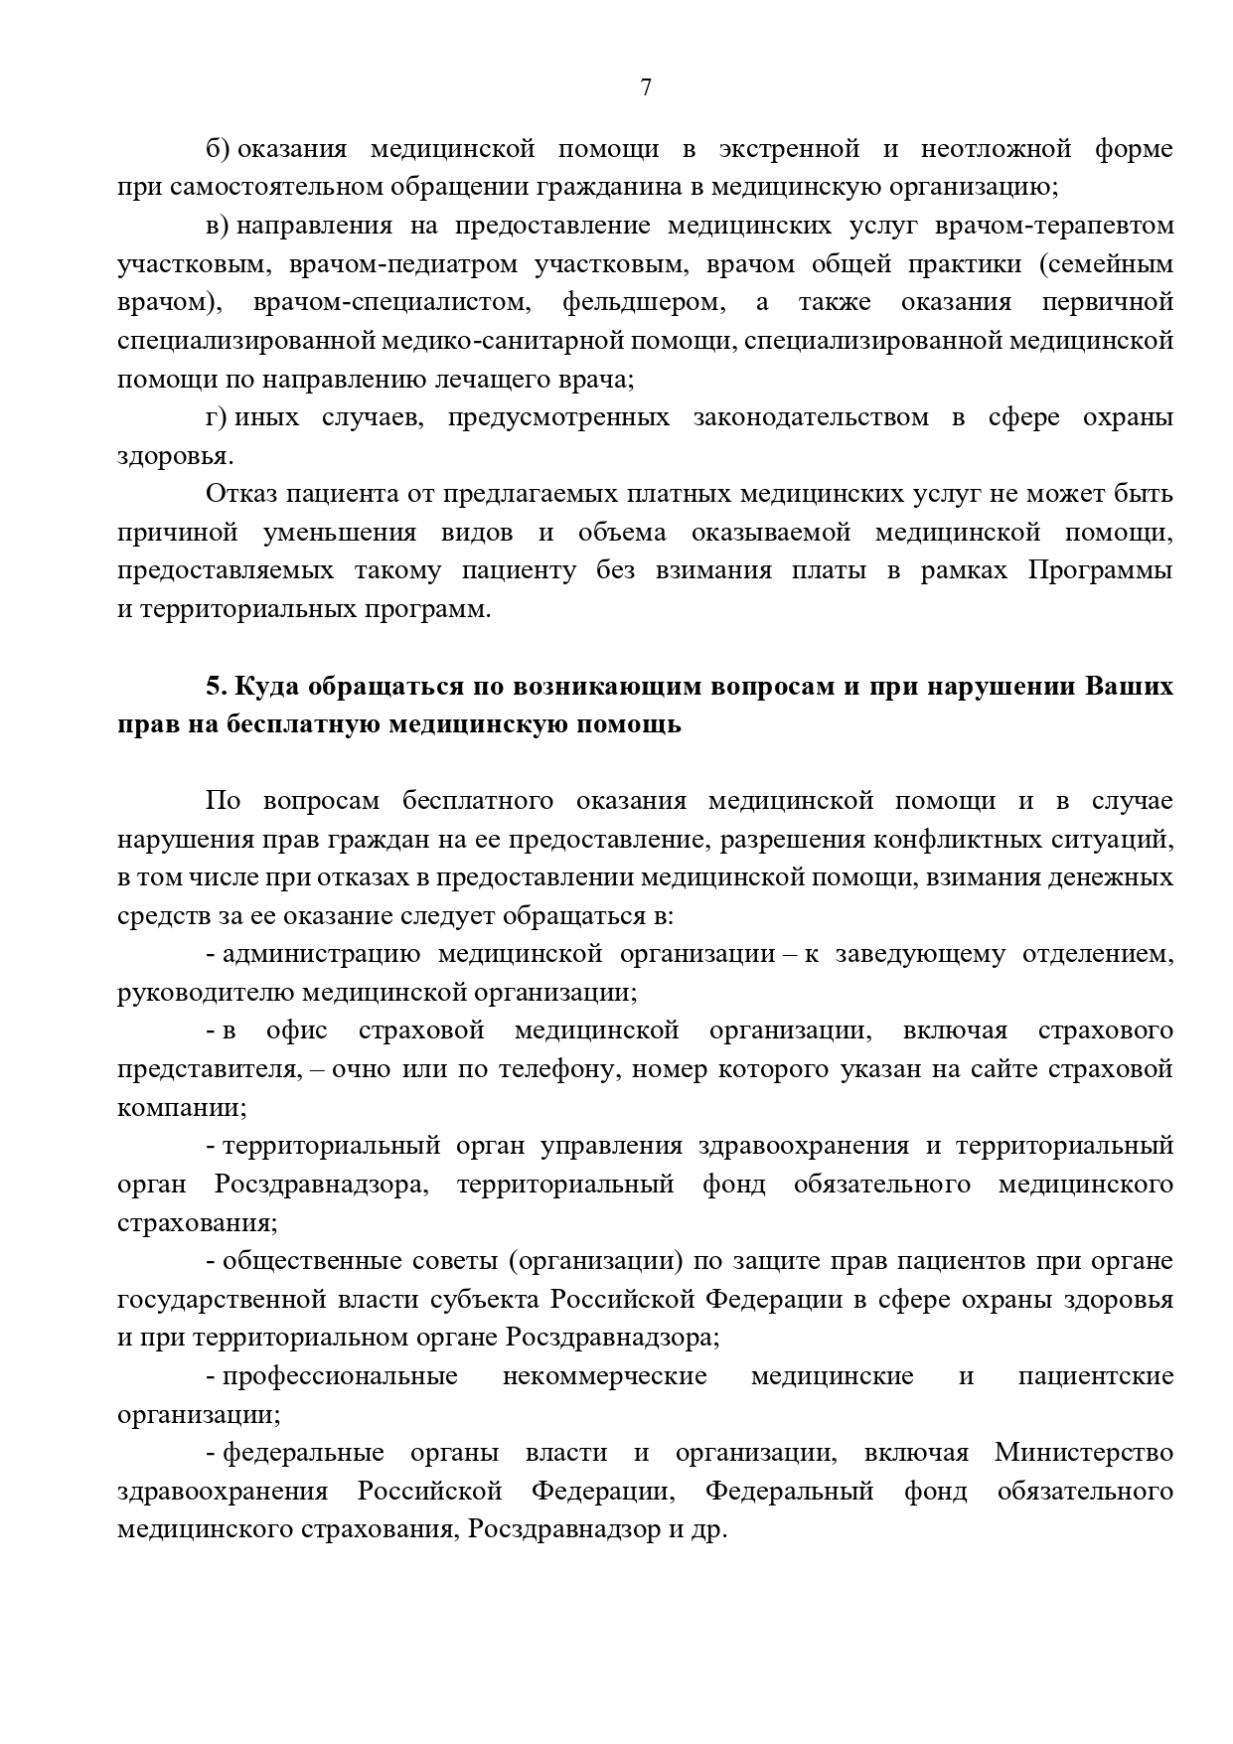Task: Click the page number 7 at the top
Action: click(646, 87)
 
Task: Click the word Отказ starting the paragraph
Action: click(241, 494)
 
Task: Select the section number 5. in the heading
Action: click(217, 687)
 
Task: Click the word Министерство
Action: click(1083, 1454)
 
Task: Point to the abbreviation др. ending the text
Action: click(709, 1530)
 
